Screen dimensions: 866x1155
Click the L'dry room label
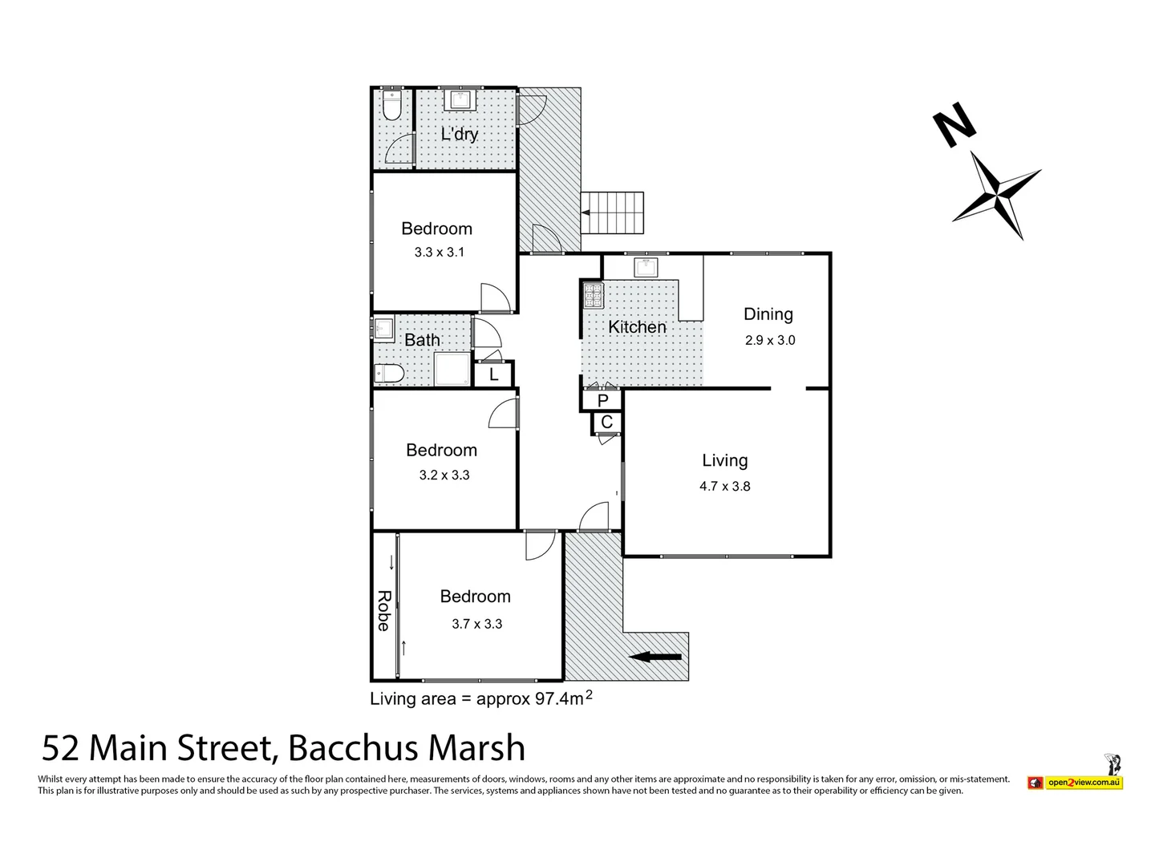460,134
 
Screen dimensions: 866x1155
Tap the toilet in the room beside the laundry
391,104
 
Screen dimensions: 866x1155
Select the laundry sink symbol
460,100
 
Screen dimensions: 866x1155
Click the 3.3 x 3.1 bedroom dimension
439,252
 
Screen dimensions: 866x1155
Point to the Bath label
422,340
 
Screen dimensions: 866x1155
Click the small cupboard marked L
494,374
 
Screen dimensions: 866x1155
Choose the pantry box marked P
602,400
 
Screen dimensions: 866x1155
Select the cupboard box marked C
606,422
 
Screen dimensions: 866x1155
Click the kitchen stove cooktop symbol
592,296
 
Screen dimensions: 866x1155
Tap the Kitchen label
637,327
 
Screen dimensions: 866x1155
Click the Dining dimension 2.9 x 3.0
770,340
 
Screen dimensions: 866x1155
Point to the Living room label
724,460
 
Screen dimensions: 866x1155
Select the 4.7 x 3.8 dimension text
724,486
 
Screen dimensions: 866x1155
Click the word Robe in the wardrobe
384,610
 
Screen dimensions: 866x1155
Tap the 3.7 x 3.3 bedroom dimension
476,624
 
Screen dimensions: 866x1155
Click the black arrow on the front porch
655,658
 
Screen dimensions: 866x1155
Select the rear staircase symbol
613,212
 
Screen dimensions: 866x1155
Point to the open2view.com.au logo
1083,782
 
